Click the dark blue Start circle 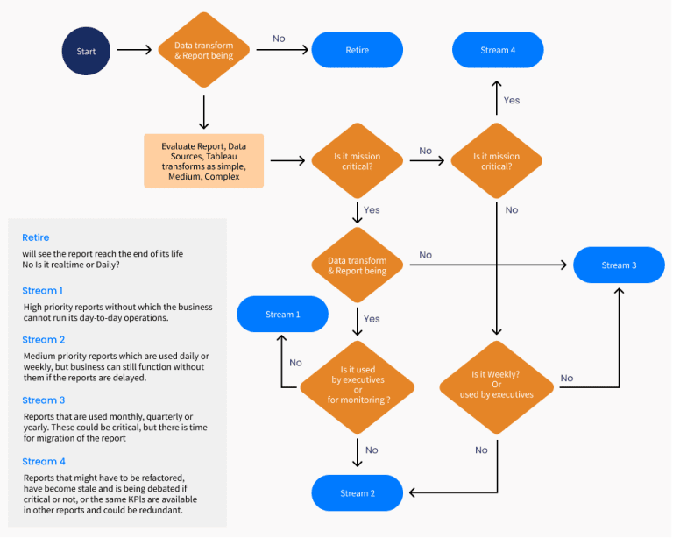point(86,51)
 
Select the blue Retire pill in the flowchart point(357,50)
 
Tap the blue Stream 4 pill point(497,50)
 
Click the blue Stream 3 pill point(619,265)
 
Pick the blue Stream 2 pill point(357,493)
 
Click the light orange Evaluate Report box point(203,160)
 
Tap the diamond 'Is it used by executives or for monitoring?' point(358,385)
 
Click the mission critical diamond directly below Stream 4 point(497,161)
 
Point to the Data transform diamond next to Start point(203,51)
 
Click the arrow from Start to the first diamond point(134,51)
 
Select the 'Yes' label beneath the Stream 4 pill point(512,100)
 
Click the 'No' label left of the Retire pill point(279,39)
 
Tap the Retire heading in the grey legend point(36,237)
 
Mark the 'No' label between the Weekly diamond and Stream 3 point(567,379)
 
